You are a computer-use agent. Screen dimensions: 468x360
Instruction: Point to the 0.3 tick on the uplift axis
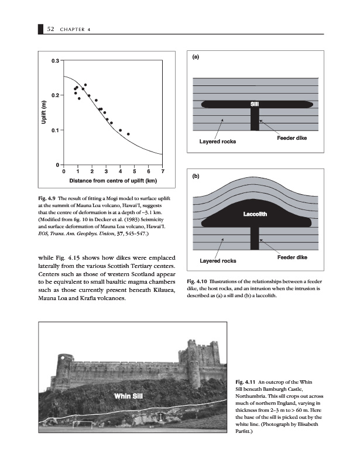[x=54, y=61]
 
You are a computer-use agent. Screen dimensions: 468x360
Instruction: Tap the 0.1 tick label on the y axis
[x=54, y=130]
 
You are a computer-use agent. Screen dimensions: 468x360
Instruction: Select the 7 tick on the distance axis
[x=163, y=171]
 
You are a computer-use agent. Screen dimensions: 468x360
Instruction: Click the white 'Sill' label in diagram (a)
[x=255, y=104]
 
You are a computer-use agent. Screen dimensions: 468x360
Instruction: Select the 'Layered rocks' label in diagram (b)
[x=218, y=260]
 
